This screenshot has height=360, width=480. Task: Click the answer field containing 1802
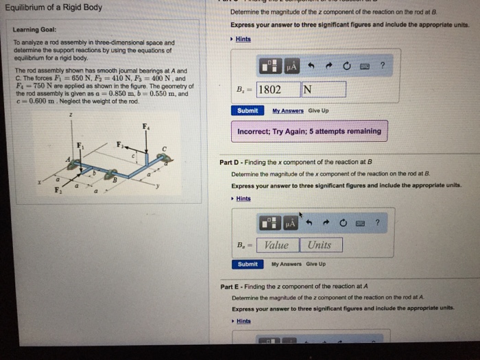[x=278, y=89]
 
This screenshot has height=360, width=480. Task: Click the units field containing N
[x=322, y=89]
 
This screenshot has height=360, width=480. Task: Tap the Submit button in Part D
[x=247, y=264]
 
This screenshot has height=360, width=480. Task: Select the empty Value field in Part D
[x=277, y=245]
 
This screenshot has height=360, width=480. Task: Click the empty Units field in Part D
[x=320, y=245]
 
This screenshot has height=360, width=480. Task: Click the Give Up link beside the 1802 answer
[x=319, y=110]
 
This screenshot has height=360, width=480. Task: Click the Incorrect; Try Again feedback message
[x=309, y=131]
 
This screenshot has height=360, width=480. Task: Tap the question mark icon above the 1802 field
[x=383, y=66]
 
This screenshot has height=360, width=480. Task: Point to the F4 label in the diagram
[x=145, y=126]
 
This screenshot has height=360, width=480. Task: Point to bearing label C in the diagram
[x=164, y=148]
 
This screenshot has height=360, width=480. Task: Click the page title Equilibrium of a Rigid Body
[x=53, y=8]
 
